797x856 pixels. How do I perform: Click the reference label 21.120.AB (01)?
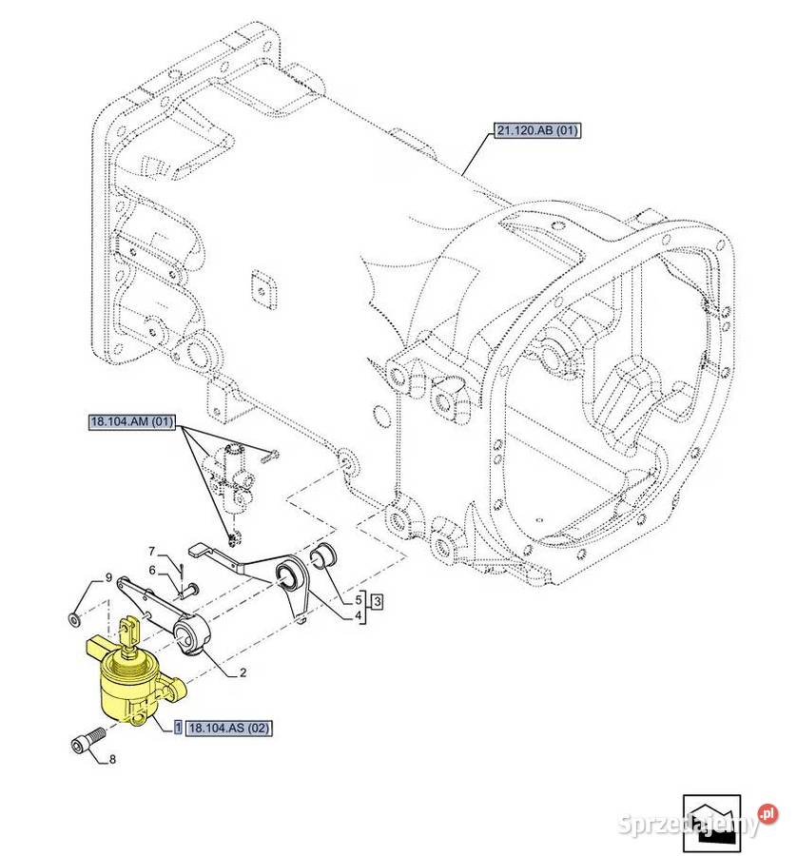click(536, 130)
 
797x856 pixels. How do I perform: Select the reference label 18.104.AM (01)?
click(131, 423)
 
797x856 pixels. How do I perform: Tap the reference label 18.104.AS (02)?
click(229, 729)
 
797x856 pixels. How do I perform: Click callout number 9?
click(109, 578)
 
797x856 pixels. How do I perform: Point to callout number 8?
click(112, 759)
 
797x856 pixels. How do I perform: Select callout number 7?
click(150, 551)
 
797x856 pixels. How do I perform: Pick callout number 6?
click(150, 570)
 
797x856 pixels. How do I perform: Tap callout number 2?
click(243, 672)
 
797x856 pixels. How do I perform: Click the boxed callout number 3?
click(377, 601)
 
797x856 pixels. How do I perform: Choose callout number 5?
click(359, 600)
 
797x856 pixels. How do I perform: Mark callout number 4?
click(359, 615)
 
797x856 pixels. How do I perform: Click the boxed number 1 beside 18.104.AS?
click(177, 729)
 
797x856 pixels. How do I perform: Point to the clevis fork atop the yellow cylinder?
click(130, 631)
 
